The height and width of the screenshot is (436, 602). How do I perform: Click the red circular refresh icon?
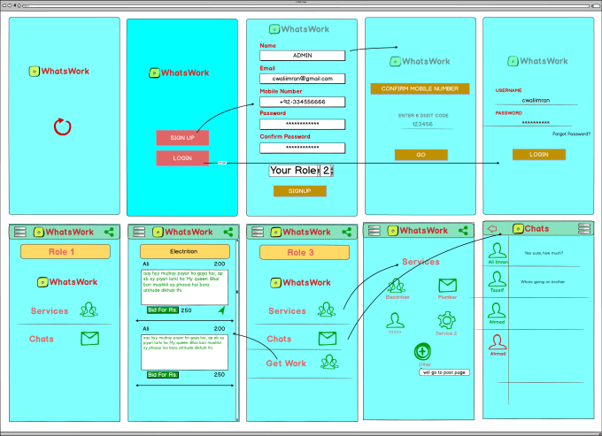tap(62, 126)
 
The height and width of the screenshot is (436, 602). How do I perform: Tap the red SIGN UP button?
tap(182, 138)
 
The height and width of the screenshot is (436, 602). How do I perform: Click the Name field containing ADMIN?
tap(302, 56)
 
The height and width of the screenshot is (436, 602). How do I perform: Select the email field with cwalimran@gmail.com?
tap(302, 79)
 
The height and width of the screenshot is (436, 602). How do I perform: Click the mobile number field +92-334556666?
tap(302, 102)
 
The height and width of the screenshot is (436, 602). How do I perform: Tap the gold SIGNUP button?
tap(299, 190)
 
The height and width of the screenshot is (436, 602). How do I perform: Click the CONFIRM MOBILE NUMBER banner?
tap(420, 88)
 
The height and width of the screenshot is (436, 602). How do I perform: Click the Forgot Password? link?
tap(571, 134)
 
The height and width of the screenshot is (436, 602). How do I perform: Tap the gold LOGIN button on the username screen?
tap(538, 154)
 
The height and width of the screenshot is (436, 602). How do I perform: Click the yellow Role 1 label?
tap(66, 252)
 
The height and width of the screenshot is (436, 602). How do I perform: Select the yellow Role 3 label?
tap(299, 252)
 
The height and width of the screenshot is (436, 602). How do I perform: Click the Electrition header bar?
tap(182, 252)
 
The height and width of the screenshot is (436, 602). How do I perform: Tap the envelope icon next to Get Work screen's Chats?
tap(328, 338)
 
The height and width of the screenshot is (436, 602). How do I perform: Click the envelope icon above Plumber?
tap(447, 286)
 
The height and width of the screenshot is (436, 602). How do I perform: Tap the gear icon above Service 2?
tap(446, 320)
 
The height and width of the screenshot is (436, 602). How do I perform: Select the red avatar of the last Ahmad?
tap(498, 343)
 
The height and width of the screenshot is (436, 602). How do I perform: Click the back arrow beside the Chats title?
tap(492, 229)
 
